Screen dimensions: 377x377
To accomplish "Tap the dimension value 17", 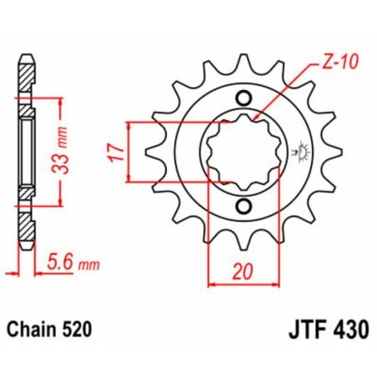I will (x=117, y=153).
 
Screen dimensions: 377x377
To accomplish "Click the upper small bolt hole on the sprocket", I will (x=243, y=96).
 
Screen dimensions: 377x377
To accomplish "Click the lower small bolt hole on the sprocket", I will (x=243, y=206).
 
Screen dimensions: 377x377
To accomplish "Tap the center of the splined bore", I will (x=243, y=152).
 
